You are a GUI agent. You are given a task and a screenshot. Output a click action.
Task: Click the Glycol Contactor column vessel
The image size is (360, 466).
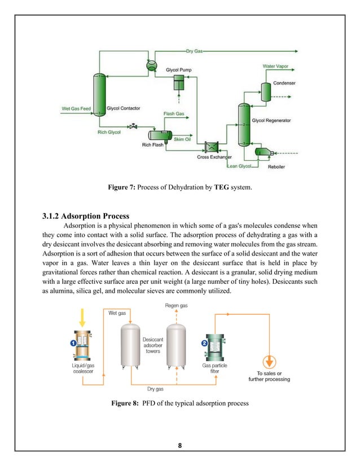(99, 96)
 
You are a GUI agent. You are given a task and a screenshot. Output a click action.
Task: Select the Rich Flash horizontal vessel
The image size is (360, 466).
(160, 135)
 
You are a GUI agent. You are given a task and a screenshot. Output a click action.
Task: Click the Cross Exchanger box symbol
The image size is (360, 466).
(213, 146)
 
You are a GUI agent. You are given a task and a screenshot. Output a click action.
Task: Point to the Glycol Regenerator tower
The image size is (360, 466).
(243, 125)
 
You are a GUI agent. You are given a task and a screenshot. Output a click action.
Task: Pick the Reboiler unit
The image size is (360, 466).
(264, 152)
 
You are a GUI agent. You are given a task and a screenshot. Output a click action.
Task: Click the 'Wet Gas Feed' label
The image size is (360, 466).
(76, 108)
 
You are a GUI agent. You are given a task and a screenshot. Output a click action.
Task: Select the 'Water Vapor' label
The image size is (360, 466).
(275, 66)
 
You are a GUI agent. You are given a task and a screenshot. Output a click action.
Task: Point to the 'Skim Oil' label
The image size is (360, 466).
(182, 139)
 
